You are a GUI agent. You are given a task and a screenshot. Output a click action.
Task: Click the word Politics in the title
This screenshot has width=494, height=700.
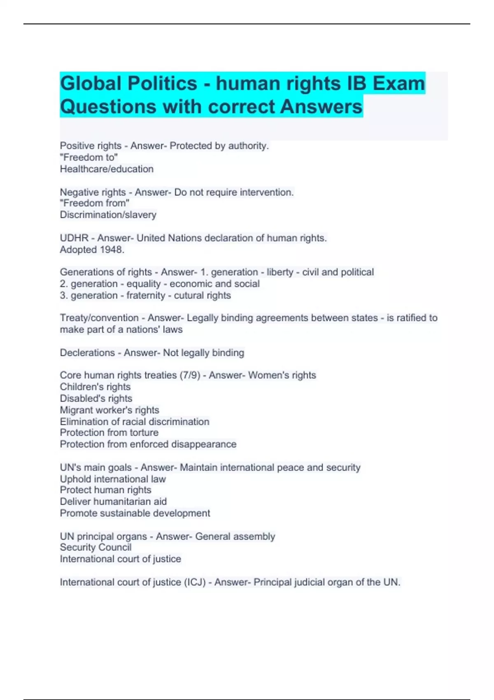coord(162,84)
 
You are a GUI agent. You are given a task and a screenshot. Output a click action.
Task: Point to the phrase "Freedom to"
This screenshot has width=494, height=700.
coord(89,157)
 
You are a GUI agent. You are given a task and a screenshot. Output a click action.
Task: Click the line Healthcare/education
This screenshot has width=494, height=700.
coord(107,169)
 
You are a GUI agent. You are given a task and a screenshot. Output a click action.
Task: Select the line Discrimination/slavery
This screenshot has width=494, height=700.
coord(108,215)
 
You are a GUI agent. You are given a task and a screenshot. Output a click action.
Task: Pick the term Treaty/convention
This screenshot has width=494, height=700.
coord(99,318)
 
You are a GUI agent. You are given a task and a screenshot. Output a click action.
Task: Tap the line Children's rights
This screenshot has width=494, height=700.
coord(95,387)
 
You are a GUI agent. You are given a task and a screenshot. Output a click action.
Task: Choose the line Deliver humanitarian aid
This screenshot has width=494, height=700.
coord(113,501)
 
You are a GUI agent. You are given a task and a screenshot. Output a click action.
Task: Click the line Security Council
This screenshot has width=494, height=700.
coord(96,547)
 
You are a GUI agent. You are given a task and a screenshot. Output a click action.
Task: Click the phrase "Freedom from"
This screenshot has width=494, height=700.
coord(94,203)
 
